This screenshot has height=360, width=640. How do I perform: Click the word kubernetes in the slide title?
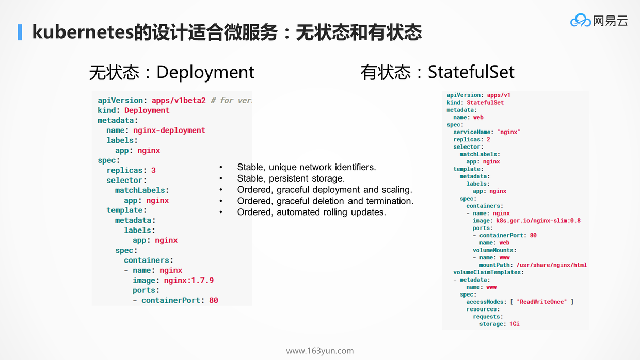tap(83, 32)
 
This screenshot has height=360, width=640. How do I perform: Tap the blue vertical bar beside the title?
tap(20, 32)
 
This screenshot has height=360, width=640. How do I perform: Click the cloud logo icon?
tap(580, 21)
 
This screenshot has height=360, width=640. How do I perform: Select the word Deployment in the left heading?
tap(205, 72)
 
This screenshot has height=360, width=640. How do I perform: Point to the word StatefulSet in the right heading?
tap(471, 72)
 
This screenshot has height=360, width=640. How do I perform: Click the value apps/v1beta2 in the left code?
tap(179, 101)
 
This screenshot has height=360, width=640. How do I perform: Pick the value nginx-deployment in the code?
tap(169, 130)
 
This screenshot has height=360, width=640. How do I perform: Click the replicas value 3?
tap(153, 170)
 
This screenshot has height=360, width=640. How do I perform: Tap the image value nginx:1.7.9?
tap(188, 281)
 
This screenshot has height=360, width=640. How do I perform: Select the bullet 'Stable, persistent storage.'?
tap(291, 178)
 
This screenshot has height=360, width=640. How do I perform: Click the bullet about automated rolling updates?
tap(311, 212)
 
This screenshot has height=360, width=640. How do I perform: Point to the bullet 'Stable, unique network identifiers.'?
tap(307, 167)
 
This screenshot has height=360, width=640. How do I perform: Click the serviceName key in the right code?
tap(472, 132)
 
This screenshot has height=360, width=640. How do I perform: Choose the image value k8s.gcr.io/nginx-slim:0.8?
tap(538, 221)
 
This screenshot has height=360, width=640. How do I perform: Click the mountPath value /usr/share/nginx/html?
tap(551, 265)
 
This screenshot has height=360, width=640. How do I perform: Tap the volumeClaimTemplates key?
tap(487, 272)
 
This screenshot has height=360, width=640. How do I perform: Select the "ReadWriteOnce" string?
tap(542, 302)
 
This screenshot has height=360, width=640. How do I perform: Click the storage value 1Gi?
tap(514, 324)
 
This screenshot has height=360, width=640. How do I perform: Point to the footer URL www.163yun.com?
tap(319, 351)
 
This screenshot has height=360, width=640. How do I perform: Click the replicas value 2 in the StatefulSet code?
tap(488, 140)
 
